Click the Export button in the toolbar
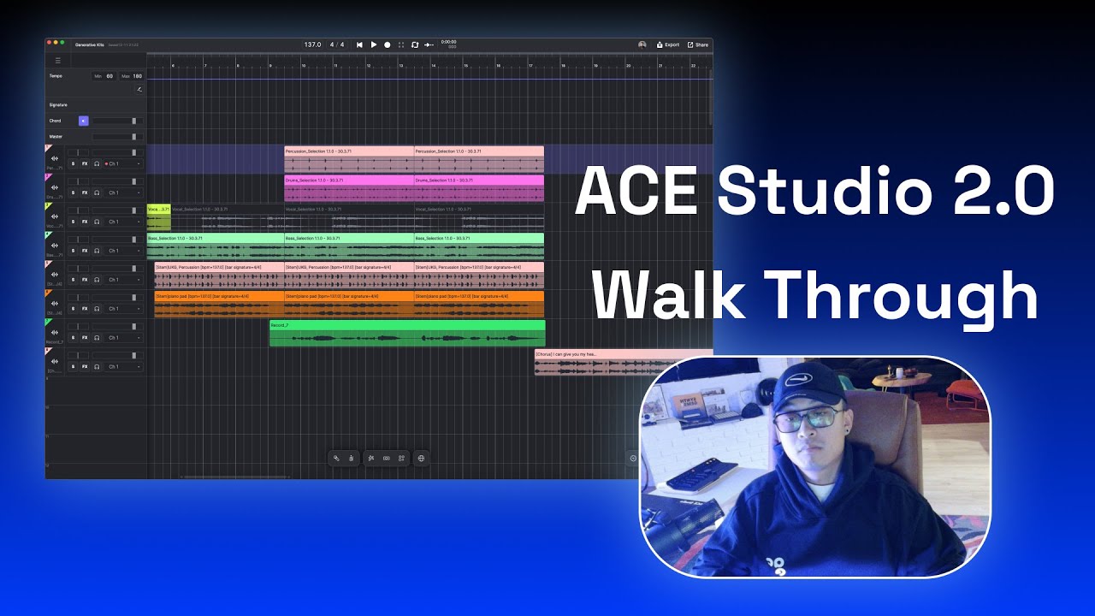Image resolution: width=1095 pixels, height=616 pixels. [x=668, y=44]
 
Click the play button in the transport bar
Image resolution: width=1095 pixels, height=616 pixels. [x=374, y=44]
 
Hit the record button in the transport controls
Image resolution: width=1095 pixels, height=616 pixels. [x=388, y=44]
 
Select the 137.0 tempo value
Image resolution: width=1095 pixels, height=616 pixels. [x=312, y=44]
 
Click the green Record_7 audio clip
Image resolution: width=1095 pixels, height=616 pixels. [x=407, y=334]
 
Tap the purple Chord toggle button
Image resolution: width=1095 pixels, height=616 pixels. [x=83, y=121]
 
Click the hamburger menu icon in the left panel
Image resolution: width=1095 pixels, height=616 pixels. [x=58, y=61]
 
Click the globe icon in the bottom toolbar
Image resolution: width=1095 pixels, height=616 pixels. [x=421, y=459]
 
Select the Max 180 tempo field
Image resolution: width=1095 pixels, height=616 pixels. [x=132, y=76]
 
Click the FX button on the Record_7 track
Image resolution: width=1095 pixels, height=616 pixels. [x=85, y=338]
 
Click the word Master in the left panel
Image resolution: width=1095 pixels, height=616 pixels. [x=56, y=136]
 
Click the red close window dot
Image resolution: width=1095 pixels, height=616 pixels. [x=50, y=42]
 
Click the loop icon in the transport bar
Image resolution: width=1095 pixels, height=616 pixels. [x=415, y=44]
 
